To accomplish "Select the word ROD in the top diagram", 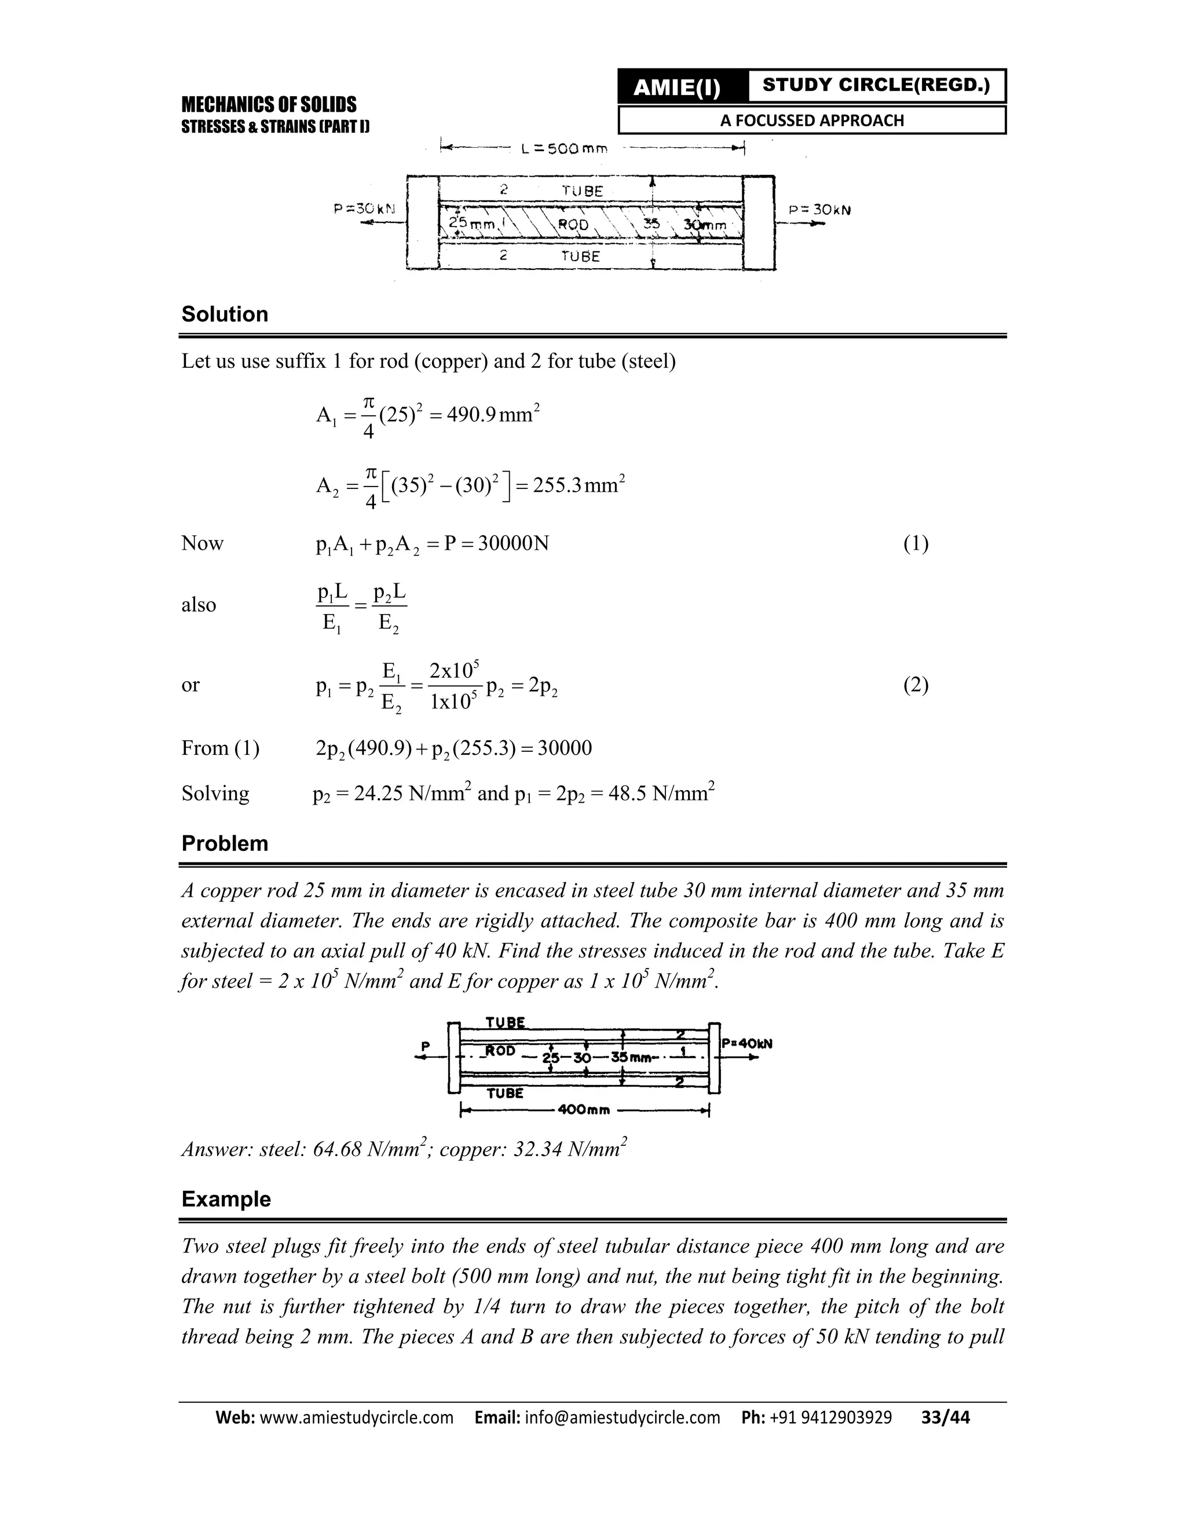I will pyautogui.click(x=573, y=225).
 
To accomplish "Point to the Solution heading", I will pyautogui.click(x=225, y=314).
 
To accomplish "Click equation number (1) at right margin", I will pyautogui.click(x=916, y=543).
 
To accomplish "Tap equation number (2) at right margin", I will pyautogui.click(x=916, y=685).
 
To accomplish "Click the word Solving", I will pyautogui.click(x=215, y=794).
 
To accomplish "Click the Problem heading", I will pyautogui.click(x=225, y=843).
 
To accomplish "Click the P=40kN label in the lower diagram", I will pyautogui.click(x=747, y=1044).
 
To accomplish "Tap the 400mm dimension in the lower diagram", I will pyautogui.click(x=583, y=1110).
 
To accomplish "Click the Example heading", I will pyautogui.click(x=226, y=1199).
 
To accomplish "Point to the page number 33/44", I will pyautogui.click(x=945, y=1417).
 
